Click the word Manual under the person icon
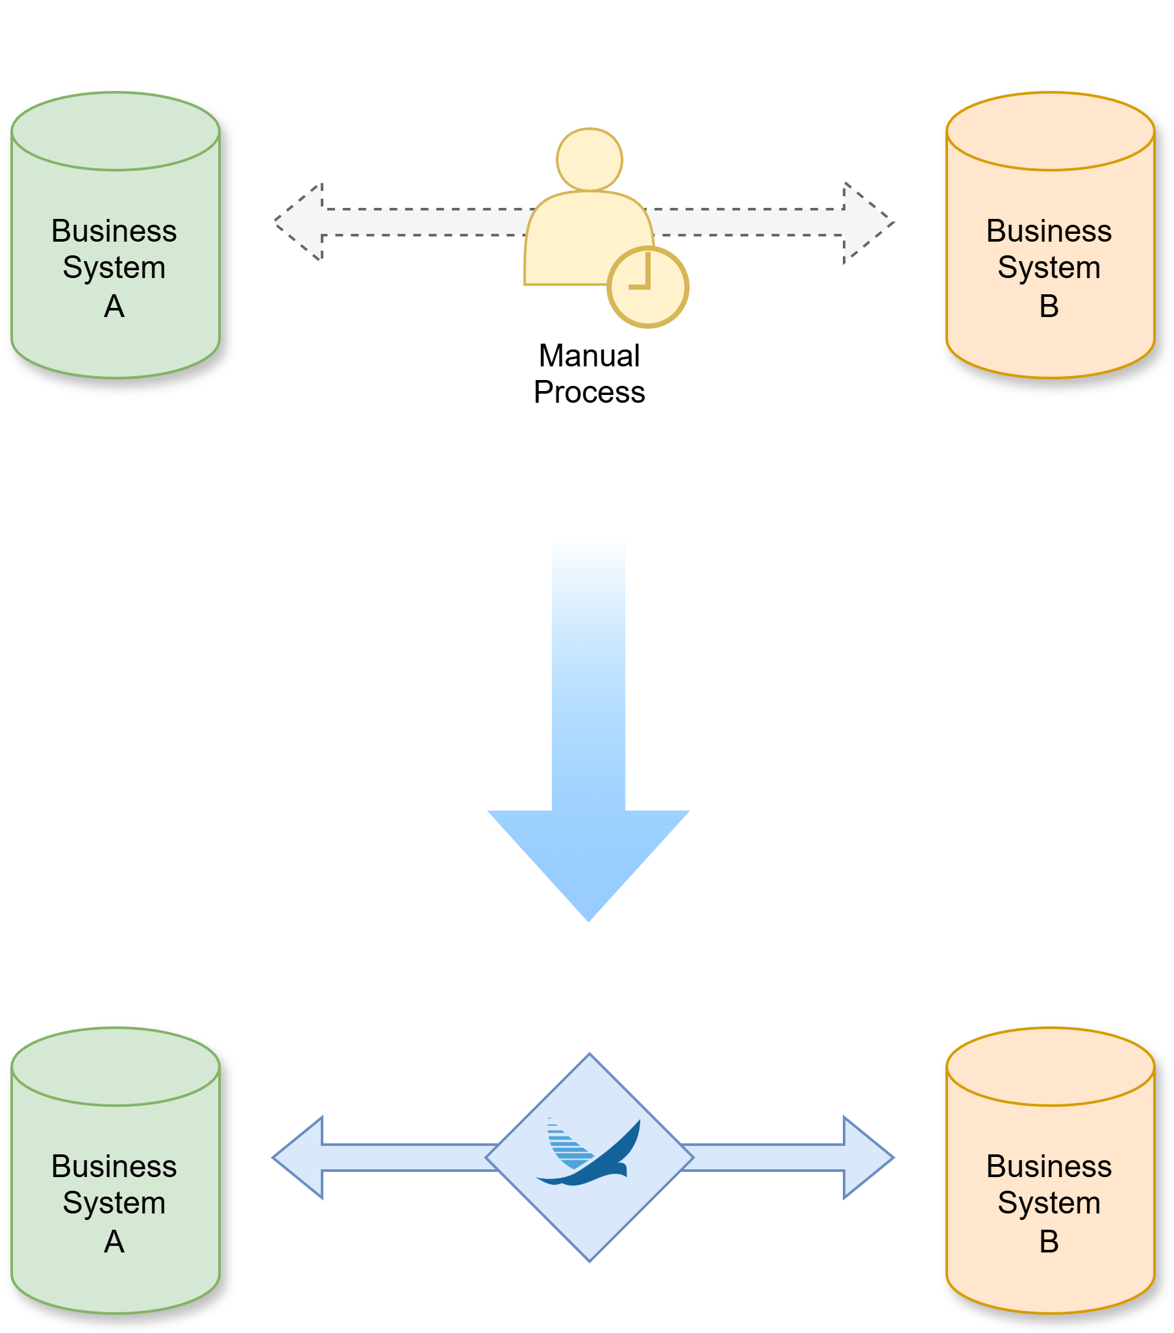(590, 356)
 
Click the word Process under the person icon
(590, 392)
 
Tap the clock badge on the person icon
(648, 287)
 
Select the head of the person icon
(590, 160)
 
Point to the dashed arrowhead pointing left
(299, 222)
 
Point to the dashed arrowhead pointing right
(869, 223)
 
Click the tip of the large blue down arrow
(589, 922)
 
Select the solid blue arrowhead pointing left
(297, 1158)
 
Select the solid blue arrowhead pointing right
(869, 1158)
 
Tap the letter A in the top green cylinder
(114, 307)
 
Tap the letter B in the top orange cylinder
(1049, 307)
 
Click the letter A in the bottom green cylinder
(114, 1241)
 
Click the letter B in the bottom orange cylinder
(1049, 1241)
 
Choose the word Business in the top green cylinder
(114, 231)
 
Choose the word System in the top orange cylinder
(1049, 268)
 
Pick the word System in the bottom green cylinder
(114, 1203)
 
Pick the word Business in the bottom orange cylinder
(1049, 1166)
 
